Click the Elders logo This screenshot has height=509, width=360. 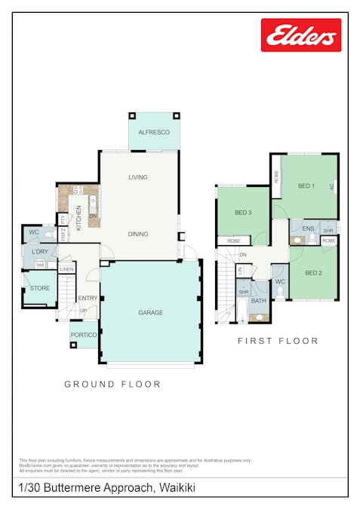[300, 35]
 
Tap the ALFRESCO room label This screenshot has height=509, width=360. [154, 132]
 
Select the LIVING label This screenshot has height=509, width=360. [137, 177]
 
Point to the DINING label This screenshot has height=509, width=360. [137, 234]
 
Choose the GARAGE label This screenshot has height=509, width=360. [150, 312]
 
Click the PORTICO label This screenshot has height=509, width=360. [83, 335]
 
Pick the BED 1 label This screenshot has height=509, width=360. [306, 186]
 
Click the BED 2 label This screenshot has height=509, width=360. [313, 272]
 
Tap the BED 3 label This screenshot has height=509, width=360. [242, 213]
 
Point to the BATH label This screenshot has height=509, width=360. [259, 301]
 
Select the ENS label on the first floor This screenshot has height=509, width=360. [308, 228]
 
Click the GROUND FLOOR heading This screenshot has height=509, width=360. [112, 384]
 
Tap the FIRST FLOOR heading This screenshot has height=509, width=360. [278, 341]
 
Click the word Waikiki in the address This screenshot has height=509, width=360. [177, 488]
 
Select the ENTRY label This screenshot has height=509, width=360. [88, 298]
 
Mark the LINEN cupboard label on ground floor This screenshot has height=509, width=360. [66, 269]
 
